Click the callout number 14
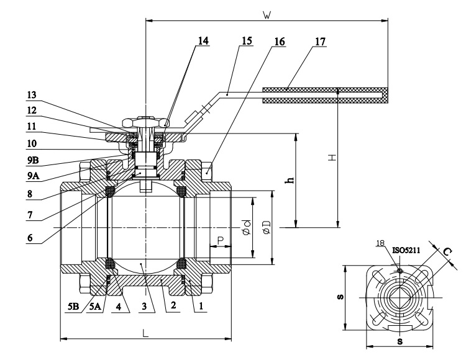coord(203,41)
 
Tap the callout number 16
coord(279,41)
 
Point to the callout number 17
coord(319,41)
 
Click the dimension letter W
coord(267,15)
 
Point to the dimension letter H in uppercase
coord(331,158)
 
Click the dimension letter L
coord(145,333)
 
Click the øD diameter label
coord(266,228)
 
